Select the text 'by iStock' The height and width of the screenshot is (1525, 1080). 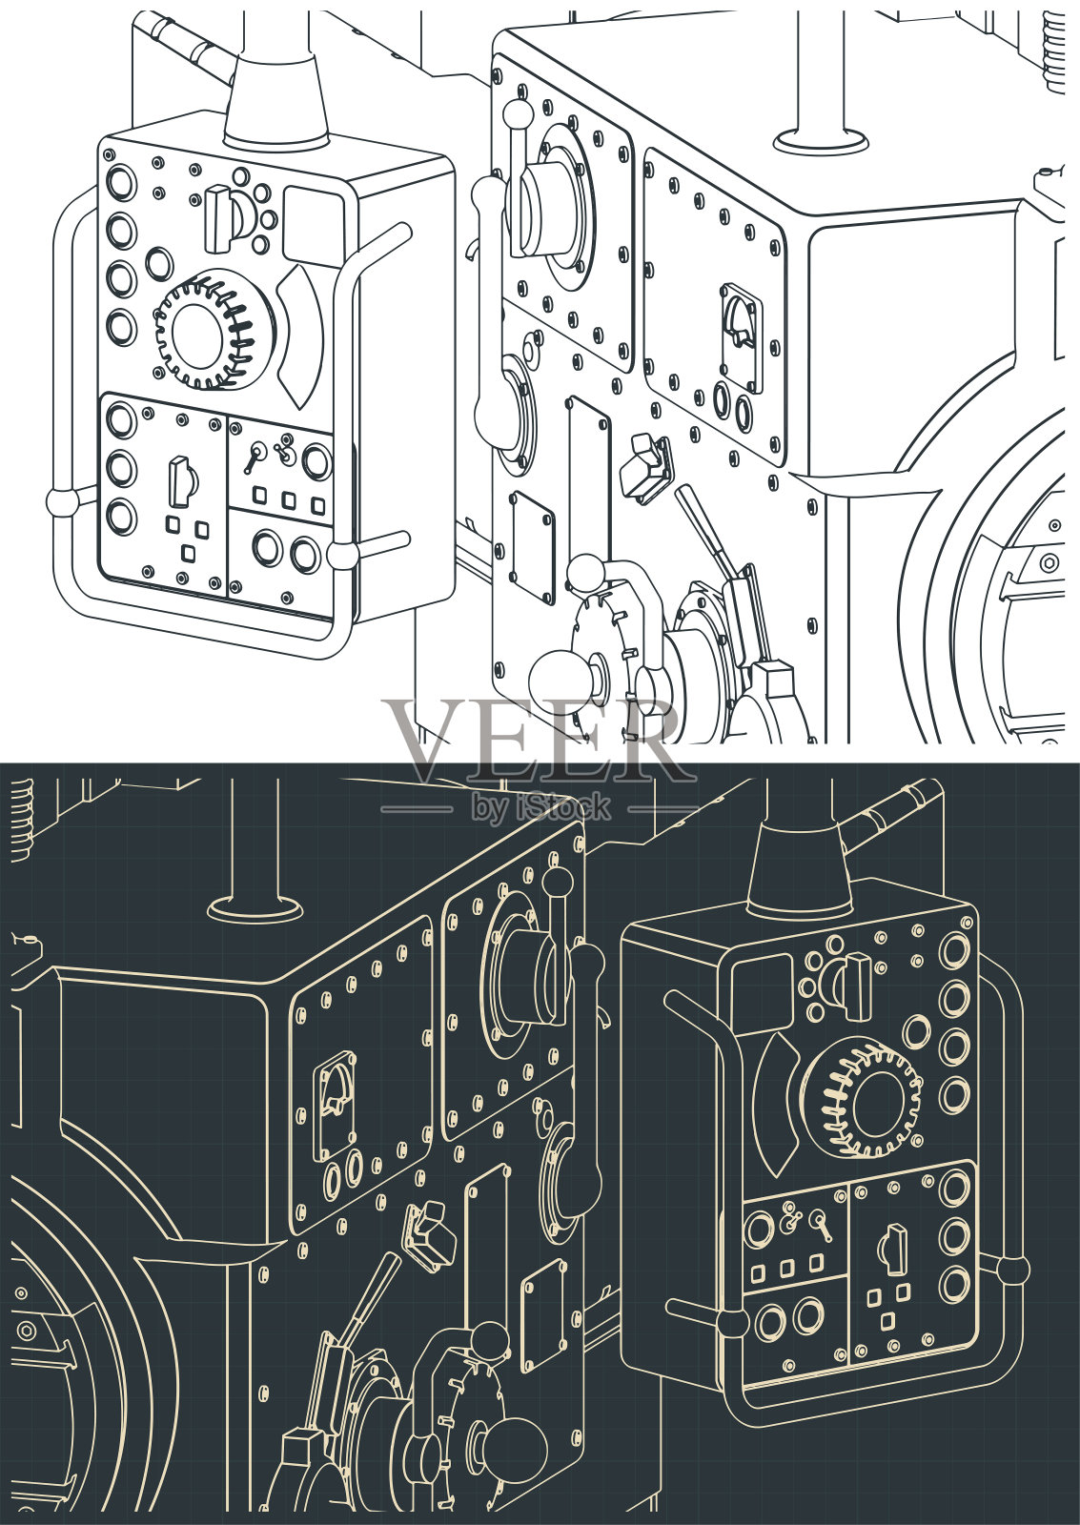point(542,808)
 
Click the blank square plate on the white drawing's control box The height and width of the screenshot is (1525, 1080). point(313,225)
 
